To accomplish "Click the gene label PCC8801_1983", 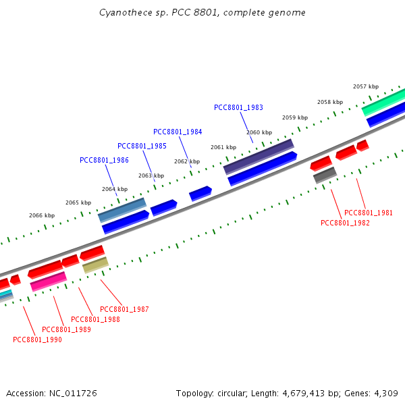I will [238, 107].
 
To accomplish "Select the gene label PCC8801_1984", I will [178, 132].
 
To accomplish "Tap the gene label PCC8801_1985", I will [142, 146].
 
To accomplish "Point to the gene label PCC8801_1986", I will [104, 160].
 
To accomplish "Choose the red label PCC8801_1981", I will [369, 213].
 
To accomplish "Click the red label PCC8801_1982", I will [345, 223].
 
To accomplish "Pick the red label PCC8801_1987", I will [124, 309].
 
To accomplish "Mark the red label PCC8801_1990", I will [37, 340].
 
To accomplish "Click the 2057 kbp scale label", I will [365, 86].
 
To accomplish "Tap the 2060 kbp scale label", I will [259, 132].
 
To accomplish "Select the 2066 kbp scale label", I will [42, 215].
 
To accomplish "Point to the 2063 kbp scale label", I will [151, 175].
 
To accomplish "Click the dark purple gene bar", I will [259, 157].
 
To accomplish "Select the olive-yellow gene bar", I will [95, 265].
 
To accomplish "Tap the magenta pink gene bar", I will [49, 281].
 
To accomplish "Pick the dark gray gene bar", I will [325, 175].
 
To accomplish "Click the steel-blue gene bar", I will [122, 210].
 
